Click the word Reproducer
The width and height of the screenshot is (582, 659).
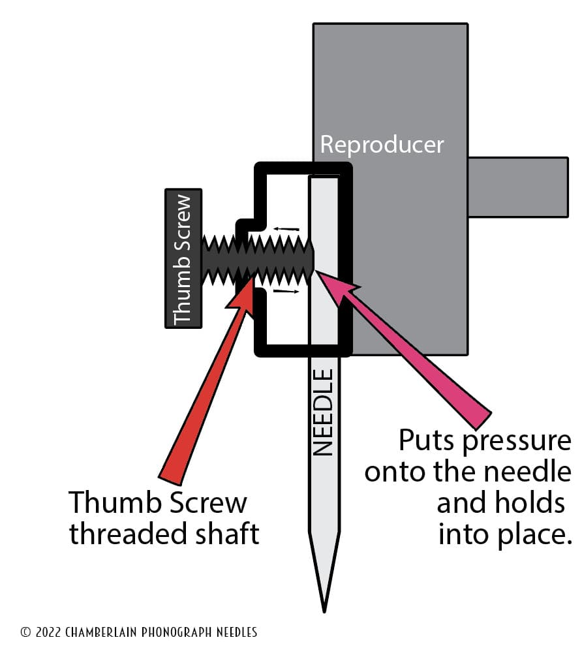(x=382, y=144)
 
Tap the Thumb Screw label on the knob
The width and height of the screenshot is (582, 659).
(x=183, y=258)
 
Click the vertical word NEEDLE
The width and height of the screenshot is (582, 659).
(x=323, y=412)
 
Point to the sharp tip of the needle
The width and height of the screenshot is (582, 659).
(x=324, y=609)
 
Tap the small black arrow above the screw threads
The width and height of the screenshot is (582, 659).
(x=286, y=229)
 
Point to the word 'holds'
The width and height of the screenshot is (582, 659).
(x=528, y=503)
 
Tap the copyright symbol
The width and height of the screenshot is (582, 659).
(x=26, y=632)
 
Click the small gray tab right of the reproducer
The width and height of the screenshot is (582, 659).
(x=518, y=187)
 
